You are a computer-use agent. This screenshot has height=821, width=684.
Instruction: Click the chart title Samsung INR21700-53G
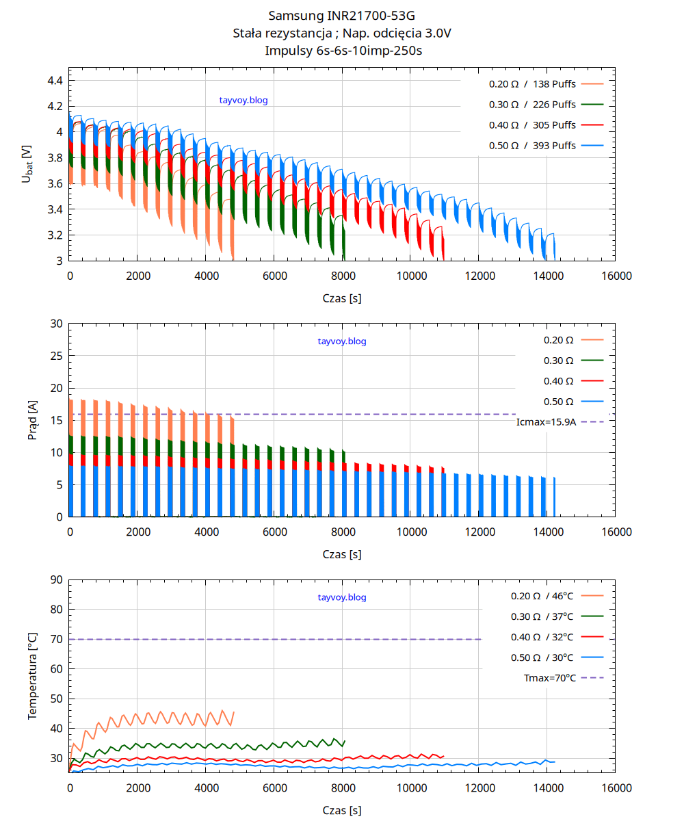(341, 15)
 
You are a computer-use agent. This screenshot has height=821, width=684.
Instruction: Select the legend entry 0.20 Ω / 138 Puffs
(532, 84)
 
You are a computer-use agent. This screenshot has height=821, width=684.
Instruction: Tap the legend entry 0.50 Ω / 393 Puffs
(532, 145)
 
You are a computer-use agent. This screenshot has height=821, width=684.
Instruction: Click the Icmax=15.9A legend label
(546, 422)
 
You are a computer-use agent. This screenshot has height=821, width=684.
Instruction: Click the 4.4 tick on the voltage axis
(55, 81)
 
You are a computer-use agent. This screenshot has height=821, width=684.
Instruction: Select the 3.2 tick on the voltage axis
(55, 235)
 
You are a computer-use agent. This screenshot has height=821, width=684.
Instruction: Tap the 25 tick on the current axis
(55, 356)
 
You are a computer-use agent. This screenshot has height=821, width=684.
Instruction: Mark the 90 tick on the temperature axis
(55, 580)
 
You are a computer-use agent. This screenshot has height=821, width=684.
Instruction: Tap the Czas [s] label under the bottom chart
(341, 811)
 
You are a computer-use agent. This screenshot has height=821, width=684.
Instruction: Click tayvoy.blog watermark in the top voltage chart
(244, 101)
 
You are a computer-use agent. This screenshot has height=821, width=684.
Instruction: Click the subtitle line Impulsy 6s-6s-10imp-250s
(341, 51)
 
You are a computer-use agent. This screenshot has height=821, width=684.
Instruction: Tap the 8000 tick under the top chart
(342, 276)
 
